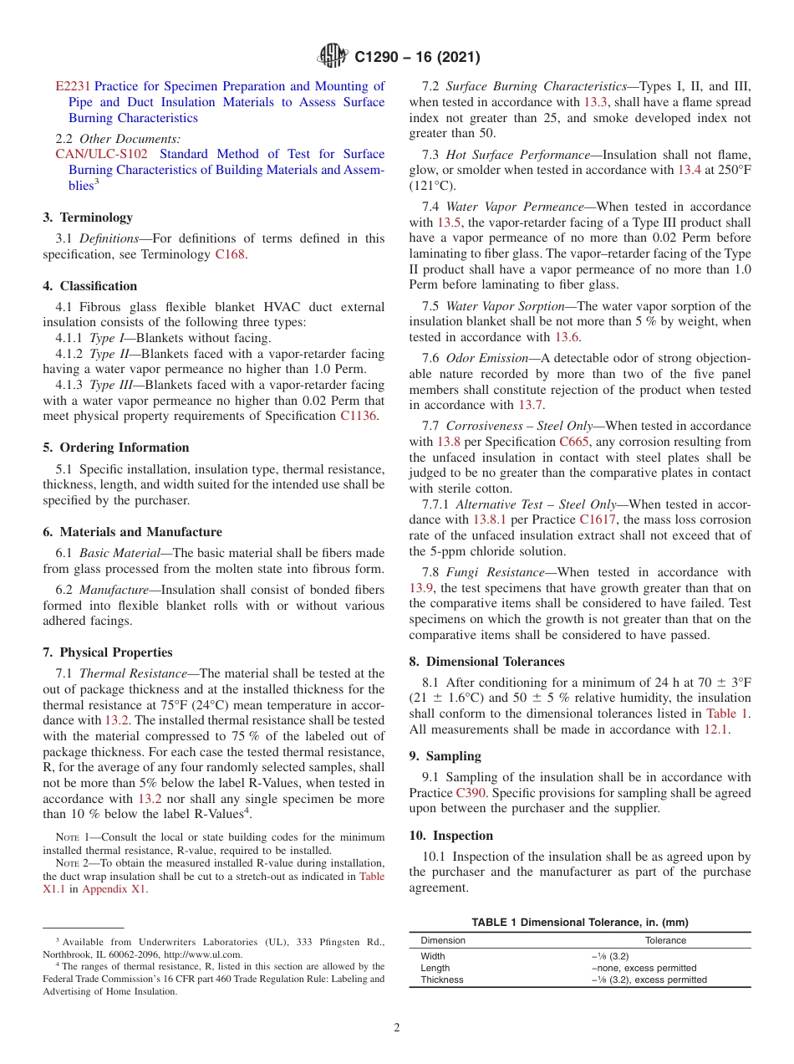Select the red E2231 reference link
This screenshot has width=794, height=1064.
[74, 86]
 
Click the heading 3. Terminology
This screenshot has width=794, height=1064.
[88, 217]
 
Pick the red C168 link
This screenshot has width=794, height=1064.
[230, 254]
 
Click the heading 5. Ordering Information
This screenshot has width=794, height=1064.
[116, 448]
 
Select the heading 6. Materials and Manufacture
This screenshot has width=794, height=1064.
[132, 532]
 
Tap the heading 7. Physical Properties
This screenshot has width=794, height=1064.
[108, 652]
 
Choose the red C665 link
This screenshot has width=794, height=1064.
[574, 442]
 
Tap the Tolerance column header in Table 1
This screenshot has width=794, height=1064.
[665, 940]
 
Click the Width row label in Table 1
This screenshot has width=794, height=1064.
[433, 956]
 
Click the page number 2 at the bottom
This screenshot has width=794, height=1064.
[397, 1028]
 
